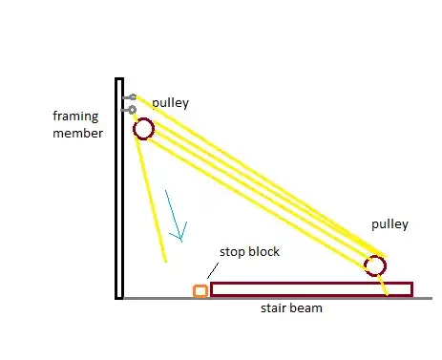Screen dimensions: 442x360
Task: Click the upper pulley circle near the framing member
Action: tap(142, 129)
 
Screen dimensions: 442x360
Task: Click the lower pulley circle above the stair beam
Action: tap(376, 265)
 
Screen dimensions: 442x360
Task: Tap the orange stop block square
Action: tap(200, 290)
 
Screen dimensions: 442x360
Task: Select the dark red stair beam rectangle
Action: tap(311, 288)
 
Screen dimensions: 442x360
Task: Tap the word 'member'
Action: tap(77, 133)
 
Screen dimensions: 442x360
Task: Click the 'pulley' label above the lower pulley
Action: tap(389, 224)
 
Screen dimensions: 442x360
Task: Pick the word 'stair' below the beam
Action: tap(276, 309)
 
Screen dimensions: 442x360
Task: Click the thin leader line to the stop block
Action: tap(213, 273)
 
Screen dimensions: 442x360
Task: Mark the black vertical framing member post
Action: tap(119, 191)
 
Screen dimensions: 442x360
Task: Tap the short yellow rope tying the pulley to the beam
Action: tap(383, 284)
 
